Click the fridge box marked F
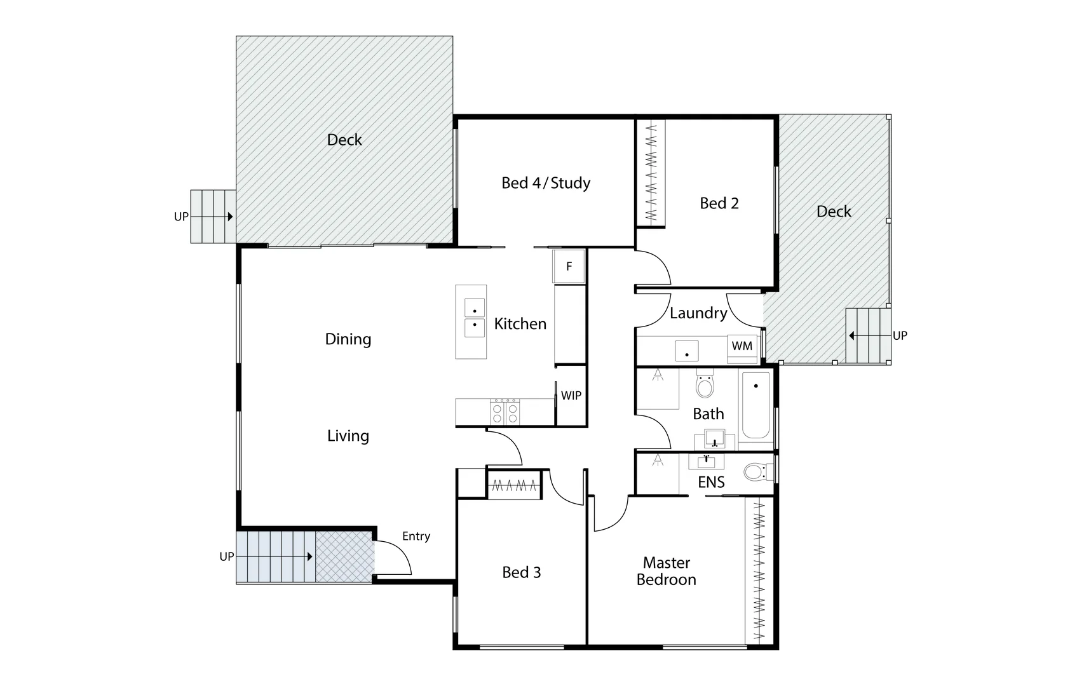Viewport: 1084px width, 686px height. (569, 266)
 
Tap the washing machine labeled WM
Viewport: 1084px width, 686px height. (742, 346)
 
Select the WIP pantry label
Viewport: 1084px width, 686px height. (571, 396)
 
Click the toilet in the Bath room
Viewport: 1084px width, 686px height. (705, 384)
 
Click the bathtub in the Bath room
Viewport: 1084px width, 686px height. (755, 405)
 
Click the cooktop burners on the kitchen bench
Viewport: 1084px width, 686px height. (505, 412)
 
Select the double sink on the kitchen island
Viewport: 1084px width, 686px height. (475, 318)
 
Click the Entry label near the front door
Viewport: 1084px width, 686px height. (416, 537)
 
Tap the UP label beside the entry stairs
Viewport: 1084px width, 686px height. (227, 556)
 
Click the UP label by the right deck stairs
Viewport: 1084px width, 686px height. (900, 335)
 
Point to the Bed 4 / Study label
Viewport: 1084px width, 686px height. (546, 184)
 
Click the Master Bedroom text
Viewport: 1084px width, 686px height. (667, 571)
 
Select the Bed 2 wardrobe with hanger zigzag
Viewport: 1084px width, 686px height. (651, 171)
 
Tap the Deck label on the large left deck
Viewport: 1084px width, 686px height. (344, 140)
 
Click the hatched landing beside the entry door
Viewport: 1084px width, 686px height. (344, 556)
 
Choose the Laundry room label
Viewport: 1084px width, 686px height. (698, 313)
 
